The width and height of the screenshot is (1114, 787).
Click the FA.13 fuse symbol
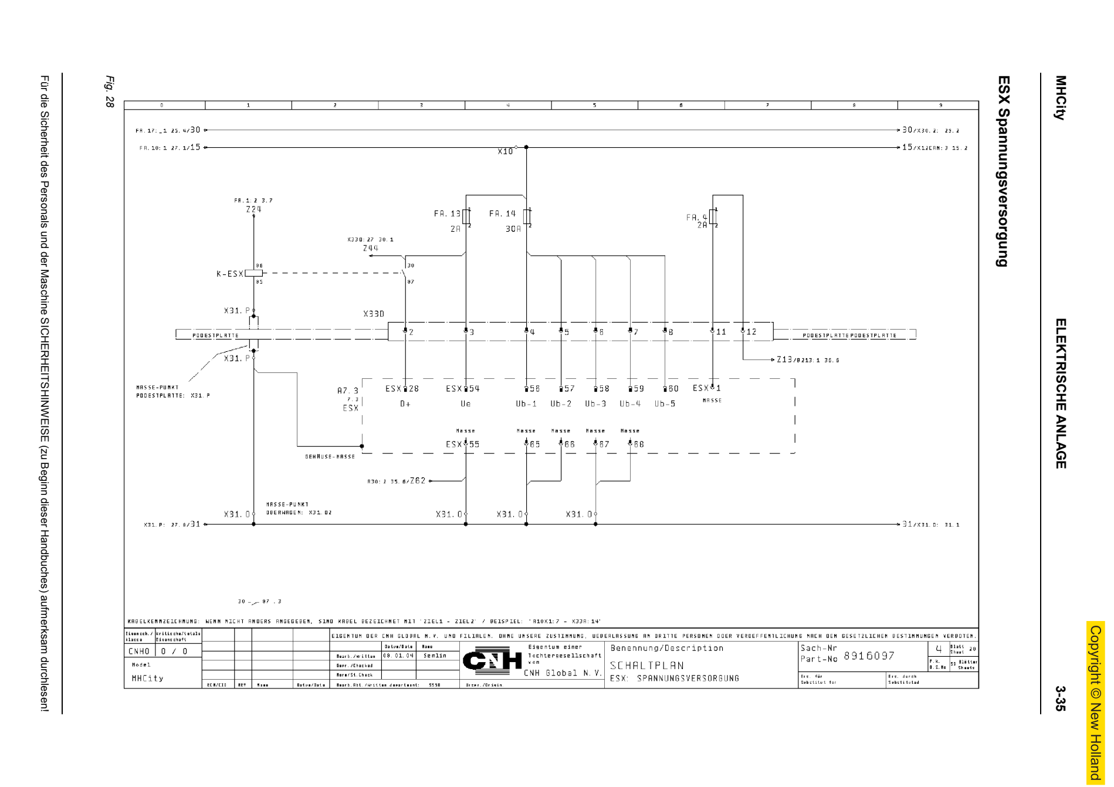(x=466, y=216)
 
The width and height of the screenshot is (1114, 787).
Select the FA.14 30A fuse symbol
(x=527, y=216)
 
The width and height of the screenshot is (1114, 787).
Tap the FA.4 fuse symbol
(x=713, y=217)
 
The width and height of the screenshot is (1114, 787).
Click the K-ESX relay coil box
(x=253, y=273)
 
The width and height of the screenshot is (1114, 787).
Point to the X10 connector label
(x=504, y=151)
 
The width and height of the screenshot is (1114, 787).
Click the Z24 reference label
(x=253, y=209)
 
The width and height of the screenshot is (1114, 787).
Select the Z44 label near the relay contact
(x=370, y=248)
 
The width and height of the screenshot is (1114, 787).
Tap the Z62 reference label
(x=418, y=481)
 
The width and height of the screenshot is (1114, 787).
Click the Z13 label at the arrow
(x=784, y=359)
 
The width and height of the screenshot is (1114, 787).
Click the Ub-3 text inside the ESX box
(x=595, y=403)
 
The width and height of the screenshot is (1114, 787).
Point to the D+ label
(x=405, y=403)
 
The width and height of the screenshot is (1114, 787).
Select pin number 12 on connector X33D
(x=751, y=332)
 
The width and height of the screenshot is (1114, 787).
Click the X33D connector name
(x=374, y=314)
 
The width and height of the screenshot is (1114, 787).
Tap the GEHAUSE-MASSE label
(x=330, y=456)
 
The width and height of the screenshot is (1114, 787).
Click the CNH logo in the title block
(x=492, y=661)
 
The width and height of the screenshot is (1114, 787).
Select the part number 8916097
(x=869, y=656)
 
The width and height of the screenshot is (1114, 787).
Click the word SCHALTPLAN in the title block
(x=646, y=666)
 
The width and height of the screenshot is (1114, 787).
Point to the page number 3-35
(x=1059, y=698)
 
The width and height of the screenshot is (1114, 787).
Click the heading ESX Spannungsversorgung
(x=1003, y=171)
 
